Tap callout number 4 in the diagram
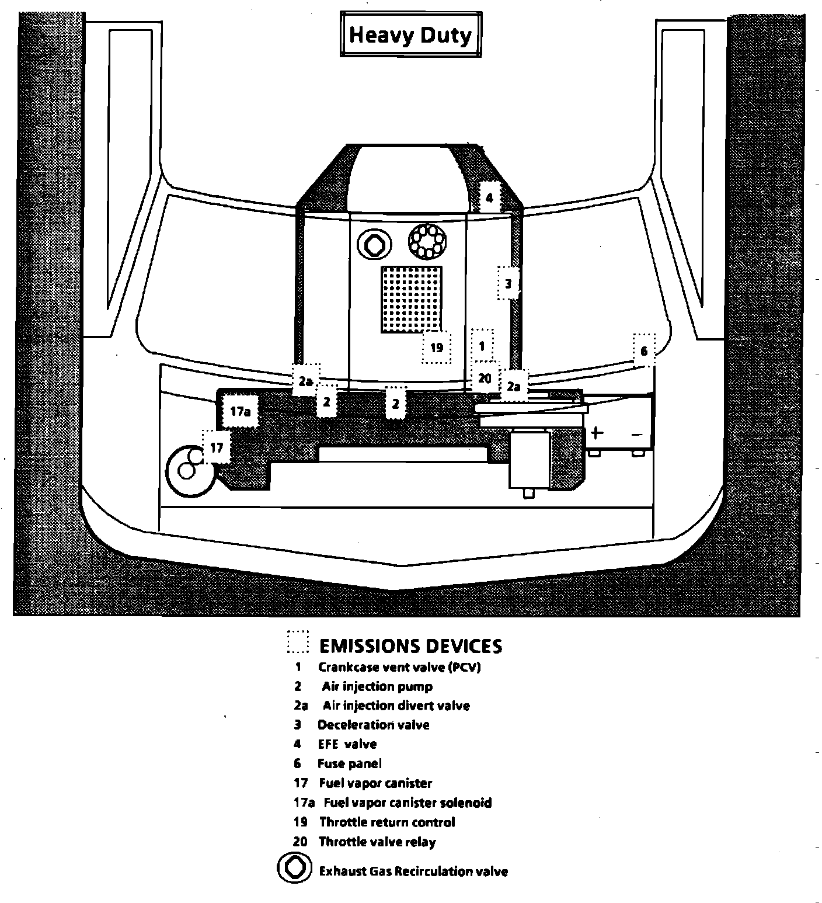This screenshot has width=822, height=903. [489, 197]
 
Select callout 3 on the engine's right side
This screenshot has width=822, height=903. [508, 284]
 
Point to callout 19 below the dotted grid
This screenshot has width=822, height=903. [437, 348]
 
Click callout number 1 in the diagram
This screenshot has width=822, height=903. [482, 346]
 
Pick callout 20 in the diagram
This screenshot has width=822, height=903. [485, 378]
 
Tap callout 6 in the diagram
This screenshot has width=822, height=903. [644, 350]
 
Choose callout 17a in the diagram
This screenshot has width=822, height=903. [240, 411]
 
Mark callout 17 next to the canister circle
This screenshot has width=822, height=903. [217, 447]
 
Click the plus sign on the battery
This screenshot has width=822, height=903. [596, 433]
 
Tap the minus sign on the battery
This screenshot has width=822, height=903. [637, 435]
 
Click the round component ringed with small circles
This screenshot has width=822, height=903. [427, 240]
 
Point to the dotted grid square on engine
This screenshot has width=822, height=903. [411, 299]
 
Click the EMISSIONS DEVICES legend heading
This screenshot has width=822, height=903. [410, 645]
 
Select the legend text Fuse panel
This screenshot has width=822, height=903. [349, 763]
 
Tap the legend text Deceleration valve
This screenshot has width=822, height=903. [373, 725]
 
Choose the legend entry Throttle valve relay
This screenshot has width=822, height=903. [377, 842]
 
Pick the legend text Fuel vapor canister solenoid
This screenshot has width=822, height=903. [407, 803]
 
